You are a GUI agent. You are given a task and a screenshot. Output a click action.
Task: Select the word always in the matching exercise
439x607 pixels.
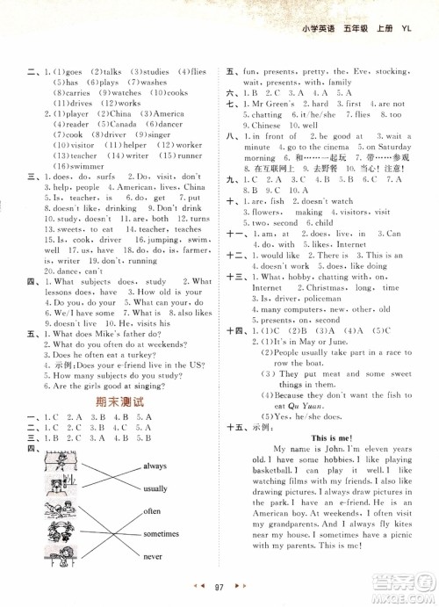pos(155,466)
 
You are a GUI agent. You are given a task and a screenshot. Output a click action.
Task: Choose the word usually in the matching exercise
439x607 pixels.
pos(155,488)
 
